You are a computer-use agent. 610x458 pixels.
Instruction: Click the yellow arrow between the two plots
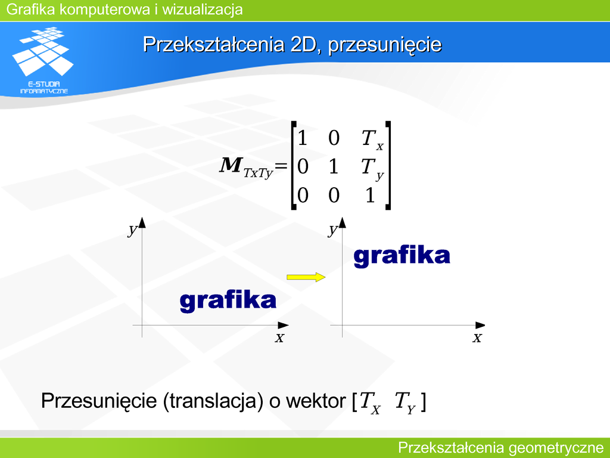306,277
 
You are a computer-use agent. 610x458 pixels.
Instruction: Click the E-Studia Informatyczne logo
43,60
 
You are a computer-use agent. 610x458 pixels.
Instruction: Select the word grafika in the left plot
228,301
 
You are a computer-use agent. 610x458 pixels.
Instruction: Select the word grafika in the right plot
402,256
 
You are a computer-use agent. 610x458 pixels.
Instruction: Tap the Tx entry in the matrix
372,139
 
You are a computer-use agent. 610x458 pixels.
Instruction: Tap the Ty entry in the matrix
372,169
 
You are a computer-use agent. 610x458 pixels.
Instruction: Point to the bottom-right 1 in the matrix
370,195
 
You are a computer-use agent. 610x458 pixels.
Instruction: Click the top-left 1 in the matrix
302,138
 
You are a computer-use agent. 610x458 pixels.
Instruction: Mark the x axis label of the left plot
279,338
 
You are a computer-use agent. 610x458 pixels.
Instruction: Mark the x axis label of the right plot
477,338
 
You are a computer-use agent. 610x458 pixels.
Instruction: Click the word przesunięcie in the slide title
385,44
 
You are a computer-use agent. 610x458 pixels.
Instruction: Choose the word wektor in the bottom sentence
316,401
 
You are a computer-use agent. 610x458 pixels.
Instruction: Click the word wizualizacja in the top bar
203,10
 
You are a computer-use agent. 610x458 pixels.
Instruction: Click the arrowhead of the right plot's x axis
480,325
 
